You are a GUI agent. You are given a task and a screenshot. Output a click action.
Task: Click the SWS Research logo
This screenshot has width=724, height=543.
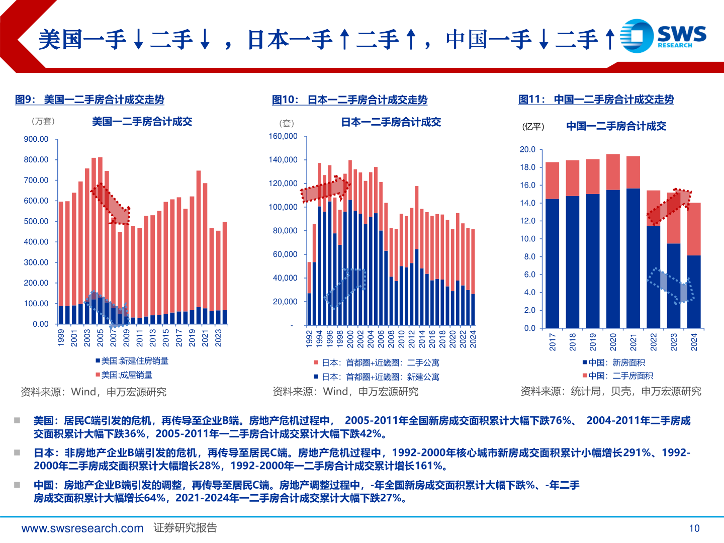click(x=663, y=36)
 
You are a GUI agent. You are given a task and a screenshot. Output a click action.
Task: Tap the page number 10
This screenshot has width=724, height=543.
click(x=694, y=528)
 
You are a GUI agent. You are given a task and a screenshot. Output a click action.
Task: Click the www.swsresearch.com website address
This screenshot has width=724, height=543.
click(x=82, y=528)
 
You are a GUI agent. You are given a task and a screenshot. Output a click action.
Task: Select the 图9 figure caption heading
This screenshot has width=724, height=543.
click(x=89, y=100)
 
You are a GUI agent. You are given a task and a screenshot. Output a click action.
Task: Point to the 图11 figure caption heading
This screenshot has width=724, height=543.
click(x=596, y=100)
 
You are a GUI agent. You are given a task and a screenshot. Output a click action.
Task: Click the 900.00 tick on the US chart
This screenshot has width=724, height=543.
click(x=36, y=139)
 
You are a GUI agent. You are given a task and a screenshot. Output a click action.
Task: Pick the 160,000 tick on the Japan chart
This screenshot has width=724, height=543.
click(x=283, y=136)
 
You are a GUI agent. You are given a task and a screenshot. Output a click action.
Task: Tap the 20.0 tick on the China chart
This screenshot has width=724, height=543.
click(x=527, y=150)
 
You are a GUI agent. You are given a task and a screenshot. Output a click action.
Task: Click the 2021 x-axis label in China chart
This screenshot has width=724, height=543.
click(x=633, y=342)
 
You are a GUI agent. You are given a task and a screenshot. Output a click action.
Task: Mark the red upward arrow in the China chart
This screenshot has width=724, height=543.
click(x=669, y=207)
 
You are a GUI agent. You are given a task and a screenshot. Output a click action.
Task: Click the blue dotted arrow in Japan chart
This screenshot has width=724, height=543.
click(x=345, y=288)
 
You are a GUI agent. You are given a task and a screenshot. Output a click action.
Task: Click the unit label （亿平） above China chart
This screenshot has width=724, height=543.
click(x=533, y=127)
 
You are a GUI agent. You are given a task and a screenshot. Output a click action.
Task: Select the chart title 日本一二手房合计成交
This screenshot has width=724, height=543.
click(x=391, y=122)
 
